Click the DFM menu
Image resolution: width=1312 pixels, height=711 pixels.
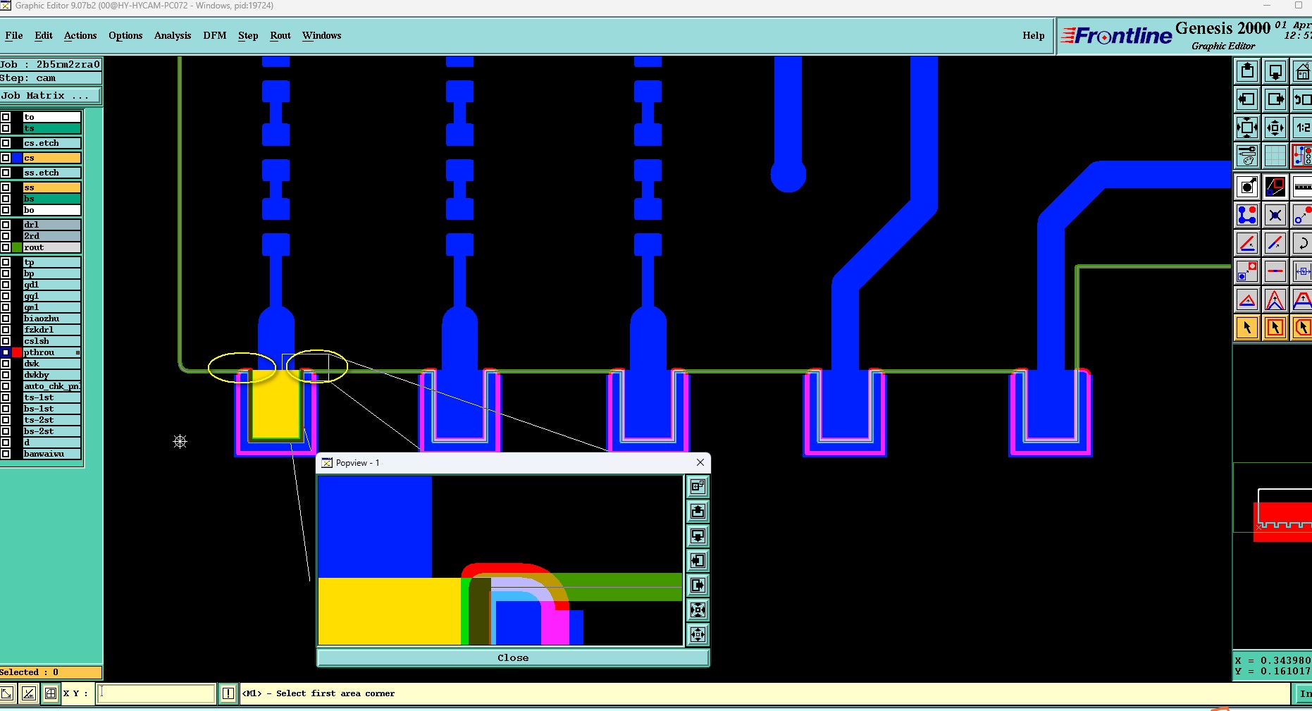tap(215, 36)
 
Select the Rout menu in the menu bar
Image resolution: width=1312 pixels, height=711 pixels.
tap(280, 36)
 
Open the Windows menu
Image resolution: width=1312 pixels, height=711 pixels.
tap(321, 36)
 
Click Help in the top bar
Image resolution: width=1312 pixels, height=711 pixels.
tap(1033, 36)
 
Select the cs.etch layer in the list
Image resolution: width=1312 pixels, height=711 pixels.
tap(51, 143)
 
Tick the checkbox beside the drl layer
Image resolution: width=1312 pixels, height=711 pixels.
tap(6, 225)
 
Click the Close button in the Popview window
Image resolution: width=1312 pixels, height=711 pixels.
tap(512, 657)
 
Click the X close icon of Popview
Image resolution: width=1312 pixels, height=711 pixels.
tap(700, 462)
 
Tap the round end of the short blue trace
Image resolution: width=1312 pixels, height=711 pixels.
tap(788, 175)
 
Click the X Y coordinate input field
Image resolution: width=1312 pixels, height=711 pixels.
tap(156, 693)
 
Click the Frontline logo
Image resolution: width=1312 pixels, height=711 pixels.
tap(1117, 36)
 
